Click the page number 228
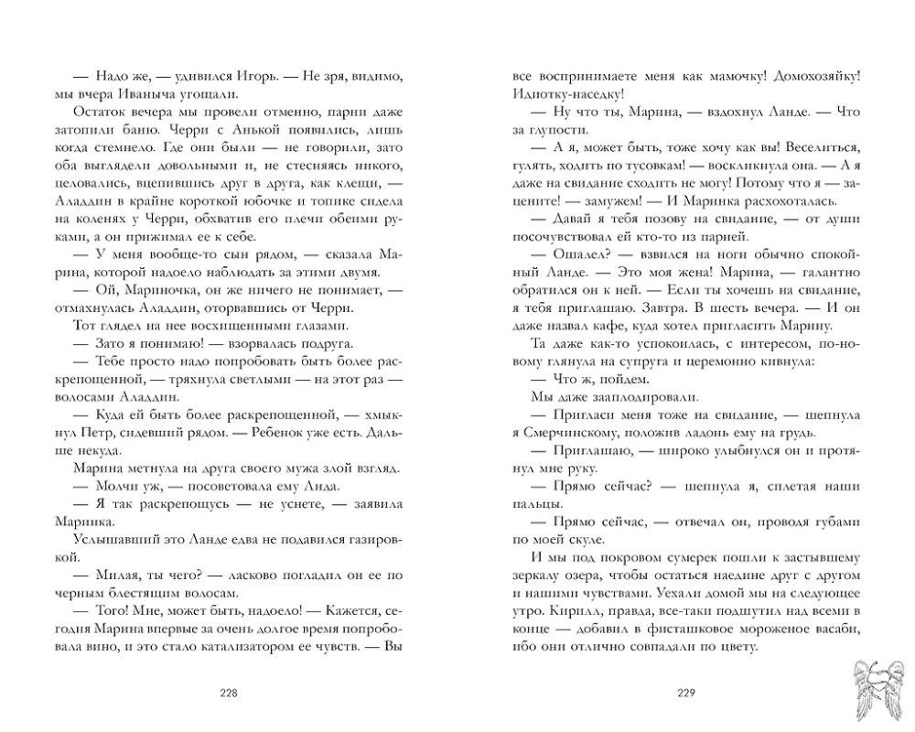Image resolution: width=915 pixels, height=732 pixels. [x=229, y=693]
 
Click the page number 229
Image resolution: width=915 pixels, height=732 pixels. [x=686, y=693]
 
